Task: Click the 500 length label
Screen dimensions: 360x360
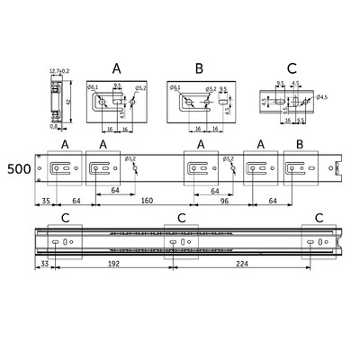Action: coord(17,168)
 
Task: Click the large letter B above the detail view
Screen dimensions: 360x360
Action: coord(200,67)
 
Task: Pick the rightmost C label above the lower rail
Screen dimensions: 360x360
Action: coord(318,218)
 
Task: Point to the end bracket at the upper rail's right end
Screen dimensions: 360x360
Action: coord(339,168)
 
